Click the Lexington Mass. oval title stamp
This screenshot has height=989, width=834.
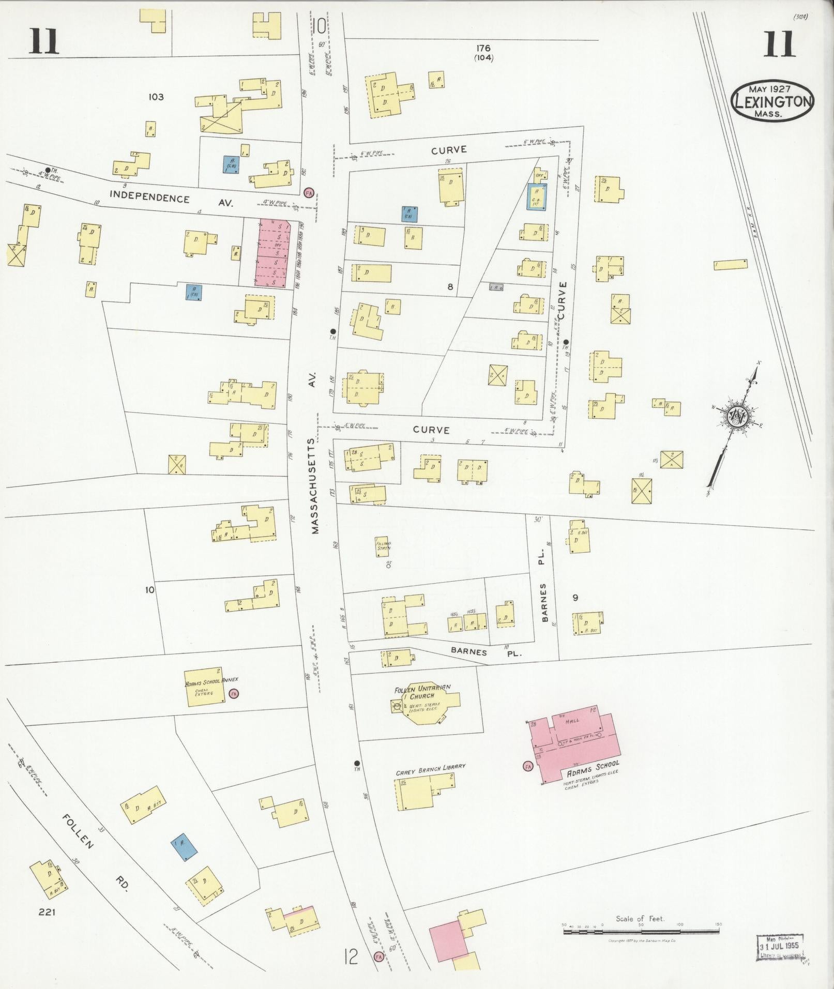click(772, 101)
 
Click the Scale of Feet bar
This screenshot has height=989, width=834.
click(641, 932)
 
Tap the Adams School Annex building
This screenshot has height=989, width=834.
click(205, 687)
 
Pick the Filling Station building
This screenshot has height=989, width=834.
click(383, 546)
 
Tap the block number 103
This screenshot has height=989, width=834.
click(156, 97)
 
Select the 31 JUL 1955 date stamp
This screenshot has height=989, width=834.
click(780, 946)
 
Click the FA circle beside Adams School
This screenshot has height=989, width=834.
click(528, 766)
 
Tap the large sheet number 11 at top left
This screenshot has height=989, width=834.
click(43, 41)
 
